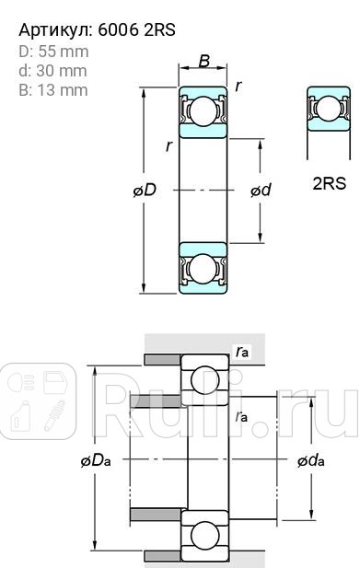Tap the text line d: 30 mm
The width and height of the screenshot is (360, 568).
coord(53,71)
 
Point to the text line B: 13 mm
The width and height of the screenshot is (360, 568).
coord(53,89)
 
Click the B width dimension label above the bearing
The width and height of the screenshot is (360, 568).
coord(203,63)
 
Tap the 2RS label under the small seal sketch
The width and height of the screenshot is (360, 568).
coord(329,182)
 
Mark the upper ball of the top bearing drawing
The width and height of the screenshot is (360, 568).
coord(203,112)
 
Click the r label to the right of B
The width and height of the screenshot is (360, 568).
coord(238,86)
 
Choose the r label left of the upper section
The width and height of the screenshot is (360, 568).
coord(168,146)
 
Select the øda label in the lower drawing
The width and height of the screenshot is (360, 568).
coord(310,460)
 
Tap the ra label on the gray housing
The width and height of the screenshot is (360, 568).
coord(241,352)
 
